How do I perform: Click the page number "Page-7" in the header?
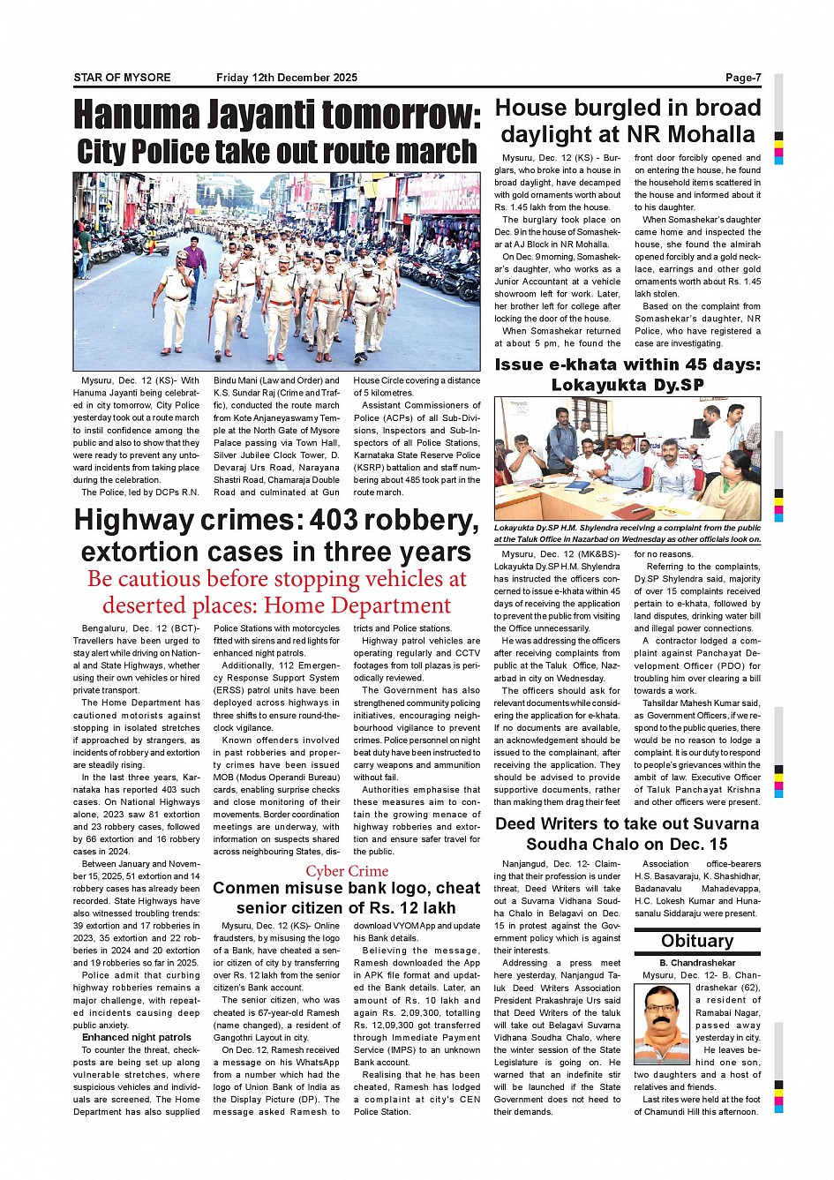[743, 78]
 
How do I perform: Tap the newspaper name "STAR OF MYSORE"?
[122, 78]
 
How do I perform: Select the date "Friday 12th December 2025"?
[287, 78]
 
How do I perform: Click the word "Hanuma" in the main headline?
[137, 116]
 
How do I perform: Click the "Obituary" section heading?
[697, 941]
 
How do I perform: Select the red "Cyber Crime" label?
[347, 871]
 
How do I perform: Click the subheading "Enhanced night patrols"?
[137, 1037]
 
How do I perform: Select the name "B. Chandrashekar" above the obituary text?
[697, 963]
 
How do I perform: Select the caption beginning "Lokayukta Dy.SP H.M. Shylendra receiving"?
[627, 533]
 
